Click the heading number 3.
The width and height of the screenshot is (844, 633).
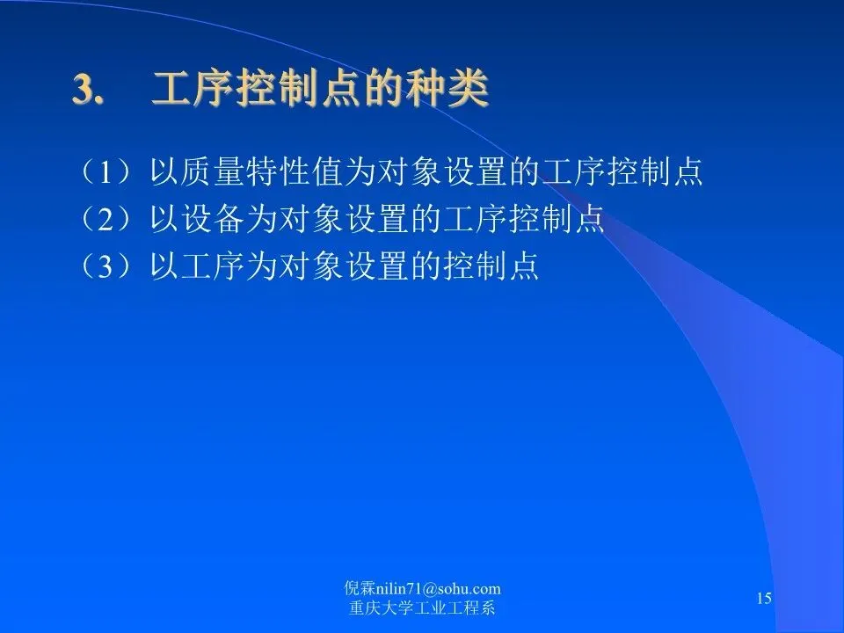point(87,89)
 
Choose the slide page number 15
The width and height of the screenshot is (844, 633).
point(764,598)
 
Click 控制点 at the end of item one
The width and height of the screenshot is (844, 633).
point(655,172)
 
